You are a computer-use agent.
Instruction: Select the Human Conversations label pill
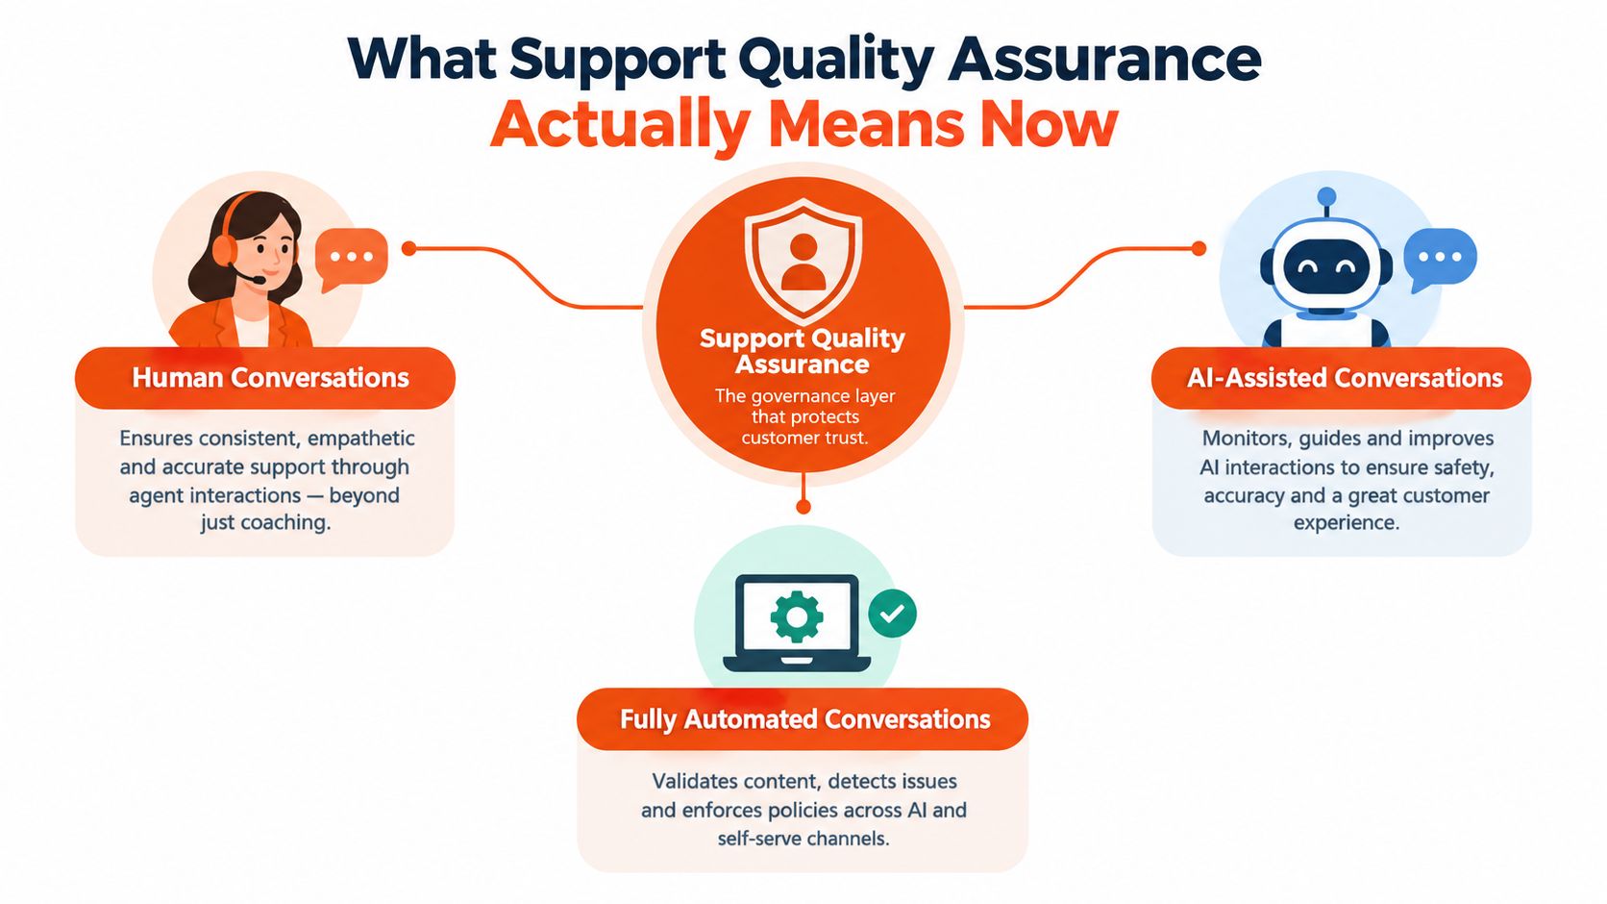264,378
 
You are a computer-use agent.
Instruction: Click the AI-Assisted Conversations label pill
1342,378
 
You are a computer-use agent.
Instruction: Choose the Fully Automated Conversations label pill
803,718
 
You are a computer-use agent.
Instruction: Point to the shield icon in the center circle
803,260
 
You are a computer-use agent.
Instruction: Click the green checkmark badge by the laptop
893,614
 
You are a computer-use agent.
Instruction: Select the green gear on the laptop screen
797,615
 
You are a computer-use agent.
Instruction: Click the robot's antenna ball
1327,196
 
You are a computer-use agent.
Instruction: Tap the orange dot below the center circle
803,507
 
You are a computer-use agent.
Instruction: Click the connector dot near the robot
1199,248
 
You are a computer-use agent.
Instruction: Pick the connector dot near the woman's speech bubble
408,248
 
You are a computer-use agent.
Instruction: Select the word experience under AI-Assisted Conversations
1346,523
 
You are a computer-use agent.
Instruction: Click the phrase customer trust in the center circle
804,438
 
